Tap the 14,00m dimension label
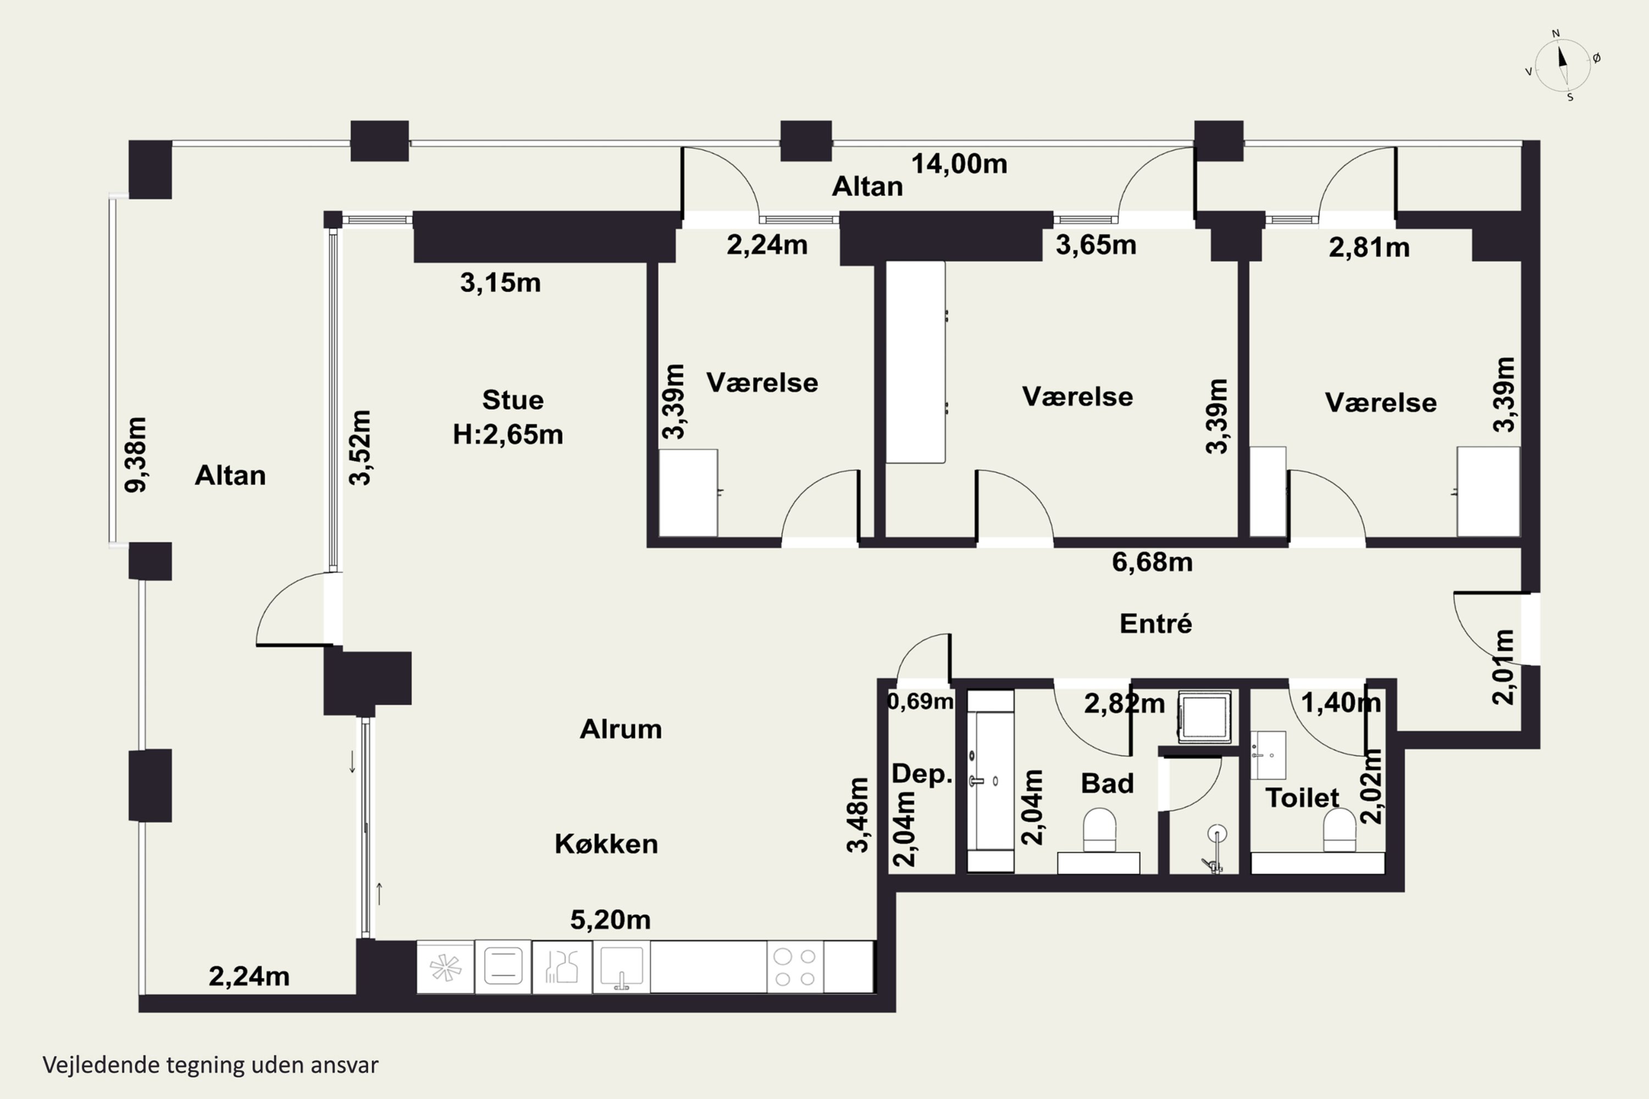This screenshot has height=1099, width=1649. pos(959,164)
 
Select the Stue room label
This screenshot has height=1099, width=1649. pos(512,400)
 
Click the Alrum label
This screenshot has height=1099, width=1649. pos(621,730)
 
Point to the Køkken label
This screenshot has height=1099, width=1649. pos(606,844)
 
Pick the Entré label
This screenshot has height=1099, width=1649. pos(1155,623)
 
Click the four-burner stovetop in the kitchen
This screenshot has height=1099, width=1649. pos(795,967)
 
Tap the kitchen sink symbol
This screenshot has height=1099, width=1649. pos(621,967)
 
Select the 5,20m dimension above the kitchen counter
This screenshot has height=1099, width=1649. pos(610,919)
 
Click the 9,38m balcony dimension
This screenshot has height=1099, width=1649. pos(136,454)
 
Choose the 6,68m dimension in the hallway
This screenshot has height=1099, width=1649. pos(1152,562)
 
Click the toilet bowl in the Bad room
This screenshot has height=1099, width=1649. pos(1099,830)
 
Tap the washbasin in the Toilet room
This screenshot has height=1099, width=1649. pos(1268,756)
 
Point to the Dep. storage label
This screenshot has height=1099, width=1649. pos(922,774)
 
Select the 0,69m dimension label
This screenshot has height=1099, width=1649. pos(921,701)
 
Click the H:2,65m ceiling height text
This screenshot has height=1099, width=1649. pos(507,435)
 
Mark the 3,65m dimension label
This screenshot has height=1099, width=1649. pos(1096,245)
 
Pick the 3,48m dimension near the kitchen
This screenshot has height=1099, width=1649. pos(858,814)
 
